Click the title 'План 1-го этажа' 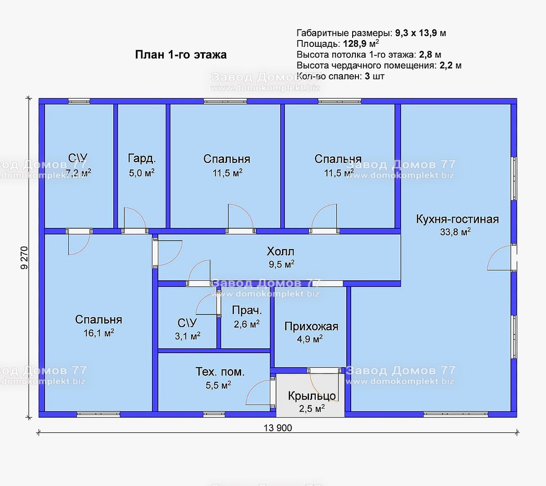click(181, 55)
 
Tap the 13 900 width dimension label click(278, 428)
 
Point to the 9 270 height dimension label click(24, 258)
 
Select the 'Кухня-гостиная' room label click(457, 219)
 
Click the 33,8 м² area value click(455, 232)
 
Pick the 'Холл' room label click(281, 252)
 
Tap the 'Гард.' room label click(142, 158)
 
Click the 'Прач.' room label click(247, 310)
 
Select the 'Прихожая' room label click(311, 326)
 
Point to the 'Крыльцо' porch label click(312, 396)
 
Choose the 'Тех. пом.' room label click(220, 372)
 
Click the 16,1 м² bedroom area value click(99, 333)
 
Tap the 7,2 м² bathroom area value click(78, 173)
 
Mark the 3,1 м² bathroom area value click(187, 336)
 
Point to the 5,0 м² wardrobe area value click(142, 173)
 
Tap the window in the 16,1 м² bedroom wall click(98, 414)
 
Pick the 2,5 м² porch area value click(312, 409)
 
